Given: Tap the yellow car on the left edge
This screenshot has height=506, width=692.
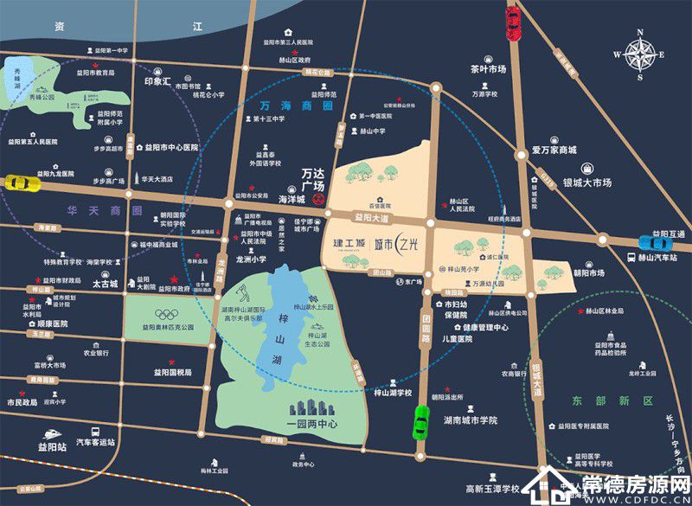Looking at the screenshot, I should [21, 183].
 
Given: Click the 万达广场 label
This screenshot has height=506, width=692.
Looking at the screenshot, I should [317, 179].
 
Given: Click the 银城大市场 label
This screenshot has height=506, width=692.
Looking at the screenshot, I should [587, 183].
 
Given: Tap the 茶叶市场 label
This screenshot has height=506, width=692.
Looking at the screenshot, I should [488, 69].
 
